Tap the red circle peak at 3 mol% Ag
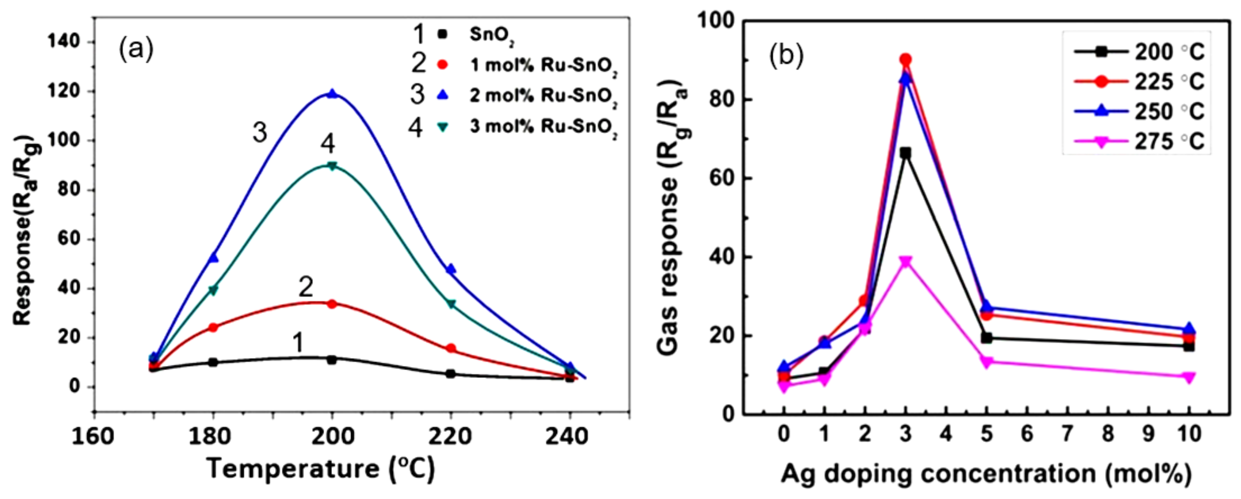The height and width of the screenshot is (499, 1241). [x=905, y=59]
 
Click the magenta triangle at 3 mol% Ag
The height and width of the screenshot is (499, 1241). [x=905, y=262]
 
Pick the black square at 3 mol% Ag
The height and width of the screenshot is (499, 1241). [x=905, y=153]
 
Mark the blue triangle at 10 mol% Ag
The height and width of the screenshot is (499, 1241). [x=1189, y=329]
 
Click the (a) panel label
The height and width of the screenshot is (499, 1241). [x=136, y=50]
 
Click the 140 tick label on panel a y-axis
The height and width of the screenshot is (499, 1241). [x=63, y=42]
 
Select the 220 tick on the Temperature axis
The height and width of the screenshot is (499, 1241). [x=450, y=436]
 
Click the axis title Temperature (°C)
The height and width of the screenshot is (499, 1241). [x=321, y=469]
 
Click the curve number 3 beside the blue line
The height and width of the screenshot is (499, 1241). [x=260, y=133]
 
